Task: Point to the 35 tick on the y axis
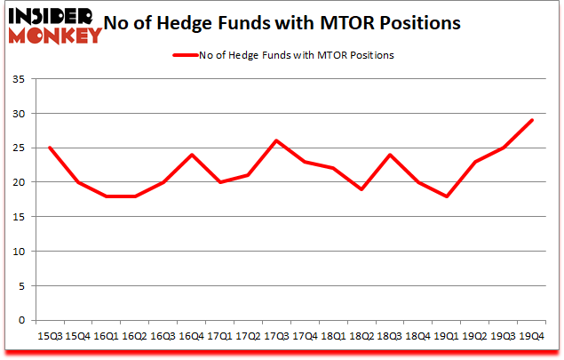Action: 20,80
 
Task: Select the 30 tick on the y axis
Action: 20,114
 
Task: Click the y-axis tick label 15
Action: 20,217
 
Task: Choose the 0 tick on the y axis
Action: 24,320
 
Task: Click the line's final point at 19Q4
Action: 531,121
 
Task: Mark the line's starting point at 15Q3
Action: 50,148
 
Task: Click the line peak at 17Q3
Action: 276,141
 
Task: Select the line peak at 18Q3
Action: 389,155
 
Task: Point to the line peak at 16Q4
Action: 191,155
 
